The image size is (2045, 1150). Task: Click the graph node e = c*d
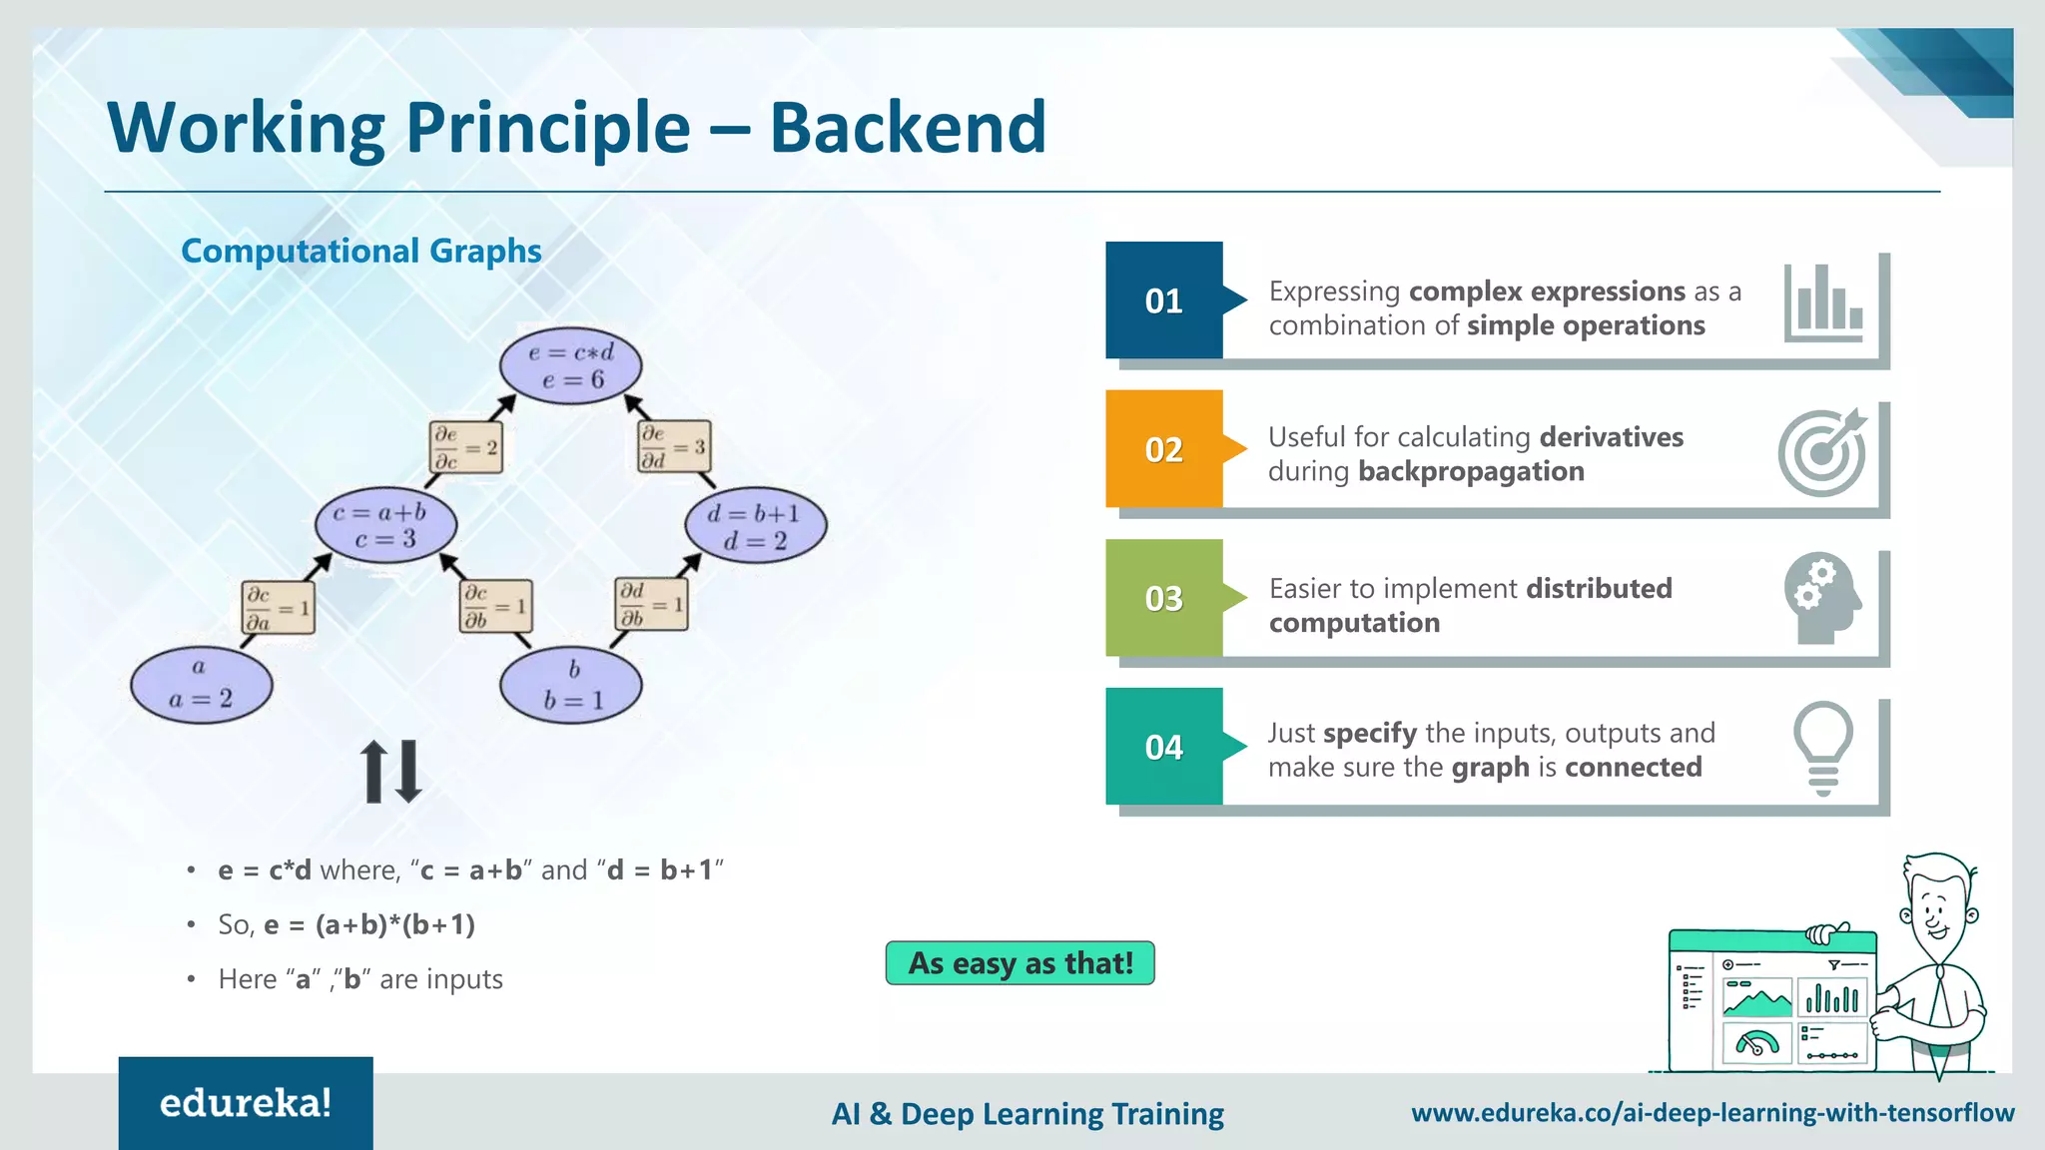[570, 365]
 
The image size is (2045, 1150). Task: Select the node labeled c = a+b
[385, 525]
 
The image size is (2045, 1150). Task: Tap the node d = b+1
[755, 526]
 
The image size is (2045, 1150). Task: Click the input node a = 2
[201, 685]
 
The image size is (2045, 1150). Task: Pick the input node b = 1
[570, 685]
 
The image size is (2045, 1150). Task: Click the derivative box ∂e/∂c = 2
[465, 447]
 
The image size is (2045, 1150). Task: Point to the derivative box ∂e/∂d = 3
[673, 446]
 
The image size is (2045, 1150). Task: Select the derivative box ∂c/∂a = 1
[279, 607]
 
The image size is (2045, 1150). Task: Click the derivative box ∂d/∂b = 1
[651, 604]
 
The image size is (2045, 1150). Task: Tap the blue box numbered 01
[1163, 300]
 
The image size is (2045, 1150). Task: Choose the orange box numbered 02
[1163, 449]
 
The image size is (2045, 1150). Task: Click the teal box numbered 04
[1163, 747]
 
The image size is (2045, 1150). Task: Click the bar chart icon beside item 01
[1823, 301]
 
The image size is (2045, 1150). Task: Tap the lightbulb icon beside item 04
[1823, 748]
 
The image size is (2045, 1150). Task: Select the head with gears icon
[1823, 599]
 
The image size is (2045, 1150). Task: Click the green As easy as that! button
[1020, 963]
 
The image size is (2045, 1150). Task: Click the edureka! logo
[246, 1103]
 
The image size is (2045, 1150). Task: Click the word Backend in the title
[907, 128]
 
